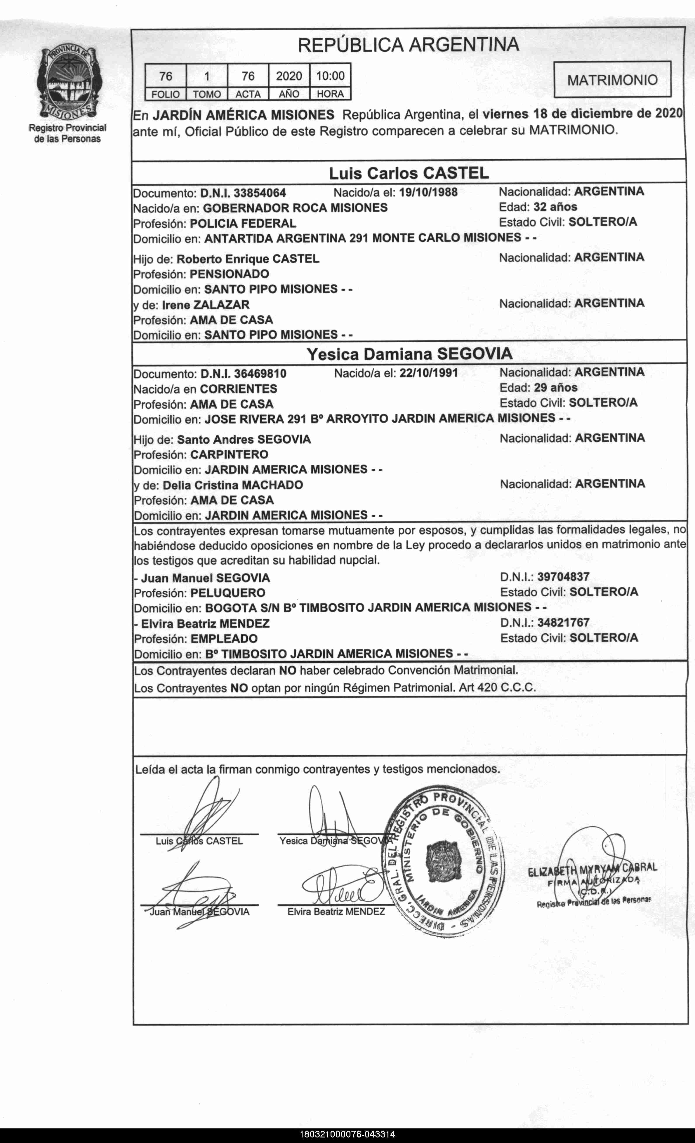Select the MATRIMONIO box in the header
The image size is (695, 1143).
[612, 80]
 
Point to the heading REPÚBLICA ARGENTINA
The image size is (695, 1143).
[408, 45]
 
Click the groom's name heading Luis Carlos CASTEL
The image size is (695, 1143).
[409, 173]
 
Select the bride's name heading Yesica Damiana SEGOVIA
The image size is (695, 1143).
[409, 354]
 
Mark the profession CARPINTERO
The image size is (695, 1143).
[229, 455]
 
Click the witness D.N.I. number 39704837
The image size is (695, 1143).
[563, 577]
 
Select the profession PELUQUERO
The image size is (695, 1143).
[228, 593]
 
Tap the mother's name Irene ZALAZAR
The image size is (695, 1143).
[206, 305]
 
